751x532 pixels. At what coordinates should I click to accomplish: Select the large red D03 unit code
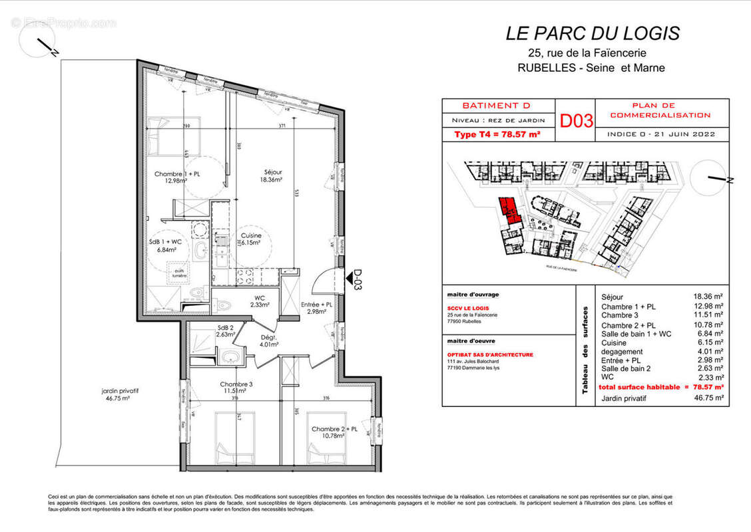tap(576, 121)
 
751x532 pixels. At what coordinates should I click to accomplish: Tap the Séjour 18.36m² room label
tap(271, 176)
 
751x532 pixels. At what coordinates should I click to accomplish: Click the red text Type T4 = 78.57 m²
tap(497, 134)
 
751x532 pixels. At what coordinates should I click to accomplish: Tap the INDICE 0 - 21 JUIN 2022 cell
tap(661, 134)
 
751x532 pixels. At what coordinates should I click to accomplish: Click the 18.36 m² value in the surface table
tap(708, 297)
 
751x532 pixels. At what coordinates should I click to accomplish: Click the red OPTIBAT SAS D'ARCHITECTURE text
tap(490, 355)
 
